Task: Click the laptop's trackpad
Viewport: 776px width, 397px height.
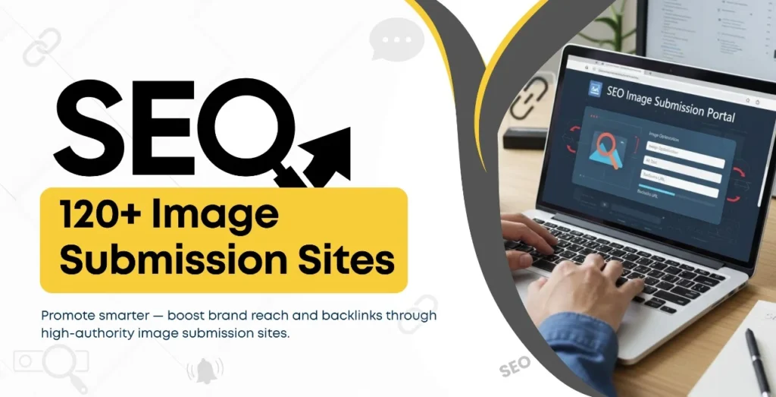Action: [682, 334]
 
